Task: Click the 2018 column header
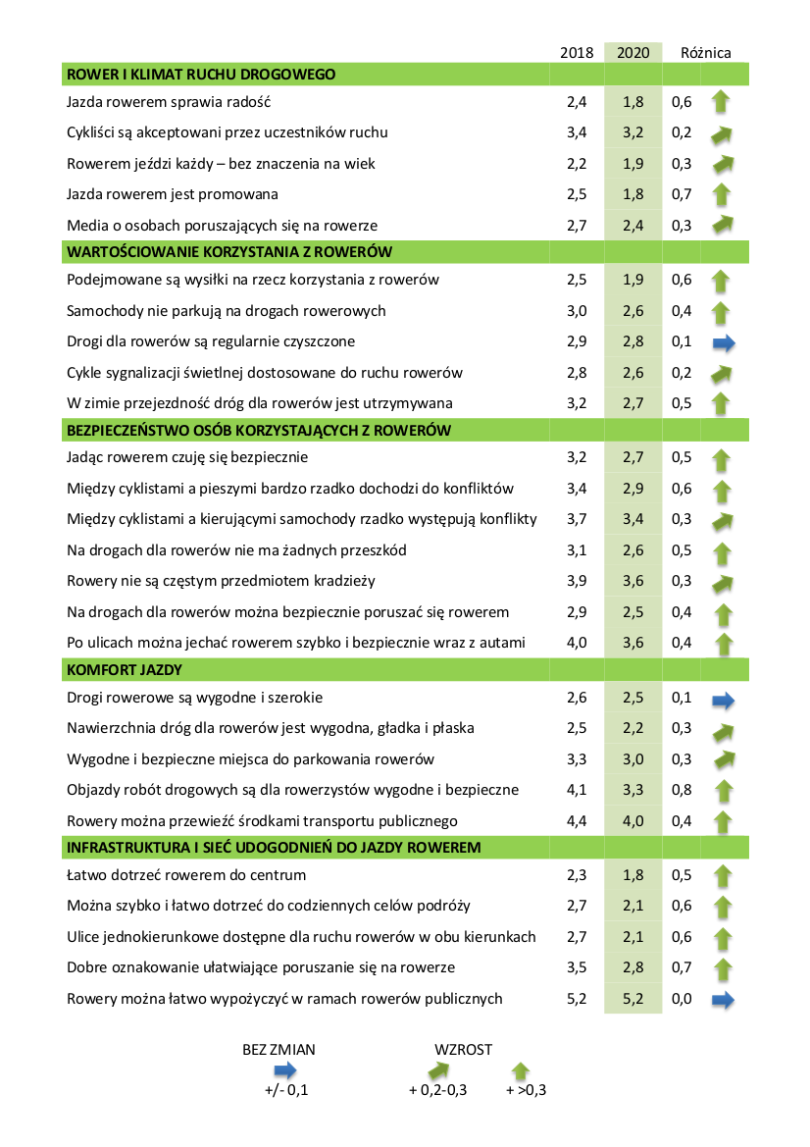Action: click(x=577, y=53)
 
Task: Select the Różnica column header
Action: click(x=706, y=53)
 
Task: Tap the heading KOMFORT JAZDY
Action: click(x=125, y=669)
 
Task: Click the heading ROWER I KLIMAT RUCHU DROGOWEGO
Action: click(x=201, y=74)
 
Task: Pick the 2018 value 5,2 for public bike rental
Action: click(x=577, y=999)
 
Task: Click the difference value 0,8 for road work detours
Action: click(x=682, y=790)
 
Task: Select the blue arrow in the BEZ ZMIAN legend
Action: click(x=278, y=1069)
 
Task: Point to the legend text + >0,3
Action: click(x=526, y=1090)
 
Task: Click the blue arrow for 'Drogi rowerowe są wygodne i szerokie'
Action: click(x=724, y=700)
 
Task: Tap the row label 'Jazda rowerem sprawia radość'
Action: click(x=168, y=101)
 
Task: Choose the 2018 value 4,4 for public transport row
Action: click(x=577, y=820)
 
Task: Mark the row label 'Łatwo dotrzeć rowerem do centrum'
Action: click(x=186, y=874)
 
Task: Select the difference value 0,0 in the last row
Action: click(x=682, y=999)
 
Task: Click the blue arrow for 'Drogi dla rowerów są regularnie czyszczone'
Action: click(x=724, y=342)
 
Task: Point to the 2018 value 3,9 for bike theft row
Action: click(x=577, y=581)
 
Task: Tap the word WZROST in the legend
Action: click(x=463, y=1049)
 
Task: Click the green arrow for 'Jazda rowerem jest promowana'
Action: click(x=724, y=194)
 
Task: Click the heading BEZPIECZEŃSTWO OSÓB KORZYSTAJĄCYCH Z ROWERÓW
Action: click(x=258, y=430)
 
